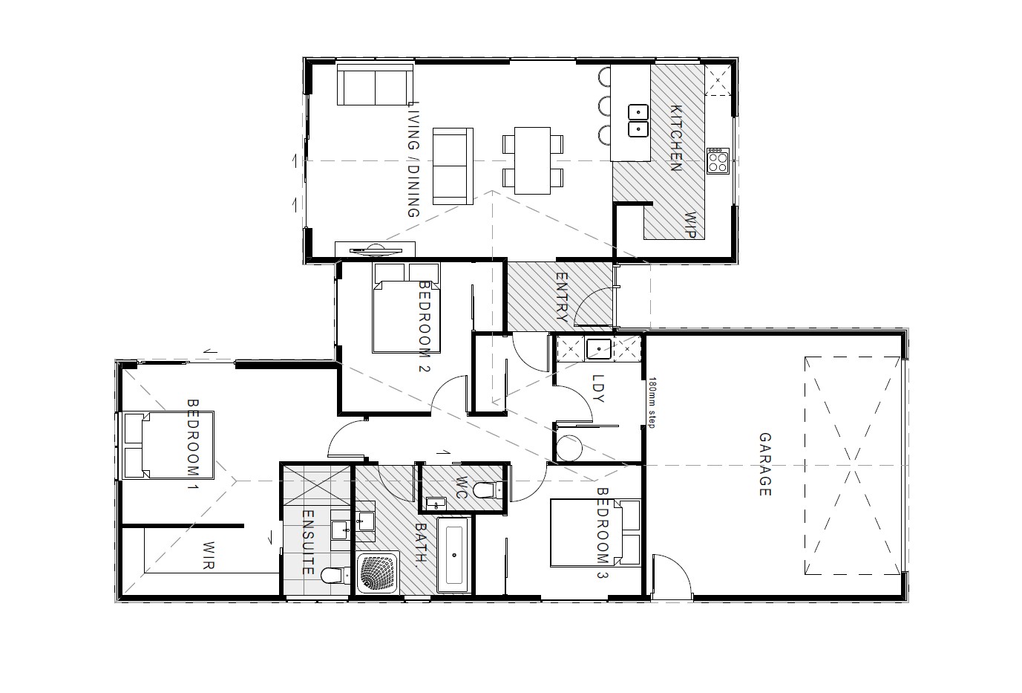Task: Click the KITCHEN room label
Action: pos(676,138)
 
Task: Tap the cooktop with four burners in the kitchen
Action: pos(717,160)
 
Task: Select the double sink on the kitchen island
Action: pos(638,121)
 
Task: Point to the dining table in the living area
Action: pos(532,160)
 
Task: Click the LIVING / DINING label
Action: pos(414,159)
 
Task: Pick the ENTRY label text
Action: pos(562,297)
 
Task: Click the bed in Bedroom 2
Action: pos(406,316)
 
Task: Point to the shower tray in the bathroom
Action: pos(379,573)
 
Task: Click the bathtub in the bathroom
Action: pos(453,555)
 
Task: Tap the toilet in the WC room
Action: pos(487,489)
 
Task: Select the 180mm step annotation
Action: pos(652,403)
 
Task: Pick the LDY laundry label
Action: pos(598,388)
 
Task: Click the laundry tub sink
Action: pos(597,348)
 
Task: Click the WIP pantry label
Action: pos(689,225)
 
